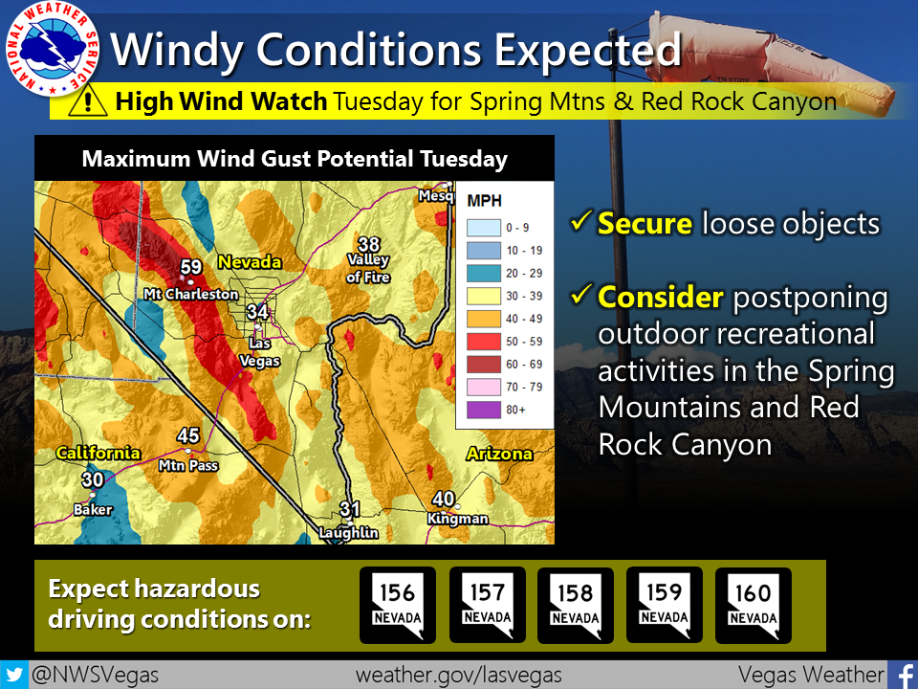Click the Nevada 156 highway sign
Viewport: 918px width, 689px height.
pyautogui.click(x=398, y=605)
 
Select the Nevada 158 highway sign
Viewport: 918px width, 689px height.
pyautogui.click(x=575, y=605)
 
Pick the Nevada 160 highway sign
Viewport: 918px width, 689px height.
pyautogui.click(x=753, y=605)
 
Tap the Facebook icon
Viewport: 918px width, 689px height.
pyautogui.click(x=902, y=675)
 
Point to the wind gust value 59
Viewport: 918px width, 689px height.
pyautogui.click(x=191, y=267)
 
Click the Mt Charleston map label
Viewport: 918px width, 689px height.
pyautogui.click(x=190, y=294)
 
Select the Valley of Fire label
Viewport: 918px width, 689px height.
pyautogui.click(x=368, y=269)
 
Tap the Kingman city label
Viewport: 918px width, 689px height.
pyautogui.click(x=459, y=519)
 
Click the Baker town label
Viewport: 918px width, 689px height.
pyautogui.click(x=93, y=510)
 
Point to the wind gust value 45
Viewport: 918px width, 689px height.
pyautogui.click(x=188, y=436)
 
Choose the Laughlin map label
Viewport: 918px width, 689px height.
pyautogui.click(x=350, y=532)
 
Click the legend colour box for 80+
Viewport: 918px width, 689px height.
pyautogui.click(x=484, y=408)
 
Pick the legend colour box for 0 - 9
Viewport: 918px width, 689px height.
pyautogui.click(x=484, y=228)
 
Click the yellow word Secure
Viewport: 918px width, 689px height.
pyautogui.click(x=645, y=224)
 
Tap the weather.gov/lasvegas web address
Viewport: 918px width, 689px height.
pyautogui.click(x=459, y=675)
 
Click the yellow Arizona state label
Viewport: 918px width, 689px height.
pyautogui.click(x=499, y=454)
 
